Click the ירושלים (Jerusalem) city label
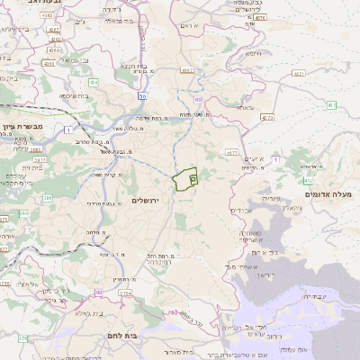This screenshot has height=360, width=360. pyautogui.click(x=144, y=199)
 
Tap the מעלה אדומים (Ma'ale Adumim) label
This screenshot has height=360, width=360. pyautogui.click(x=332, y=194)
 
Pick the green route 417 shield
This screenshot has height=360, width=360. pyautogui.click(x=331, y=105)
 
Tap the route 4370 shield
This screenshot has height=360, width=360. pyautogui.click(x=266, y=117)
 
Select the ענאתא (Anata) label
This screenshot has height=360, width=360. pyautogui.click(x=243, y=106)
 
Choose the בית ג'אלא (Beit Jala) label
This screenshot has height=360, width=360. pyautogui.click(x=65, y=313)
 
